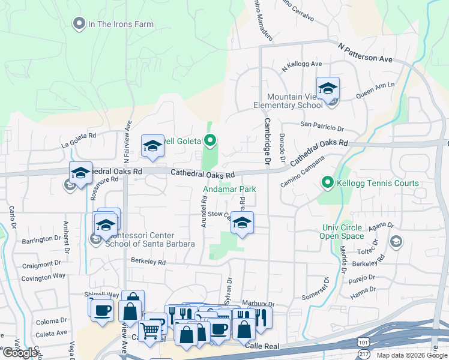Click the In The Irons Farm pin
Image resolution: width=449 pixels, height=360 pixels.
tap(79, 24)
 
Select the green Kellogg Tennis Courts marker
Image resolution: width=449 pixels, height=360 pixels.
tap(327, 182)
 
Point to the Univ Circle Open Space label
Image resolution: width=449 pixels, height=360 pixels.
tap(342, 232)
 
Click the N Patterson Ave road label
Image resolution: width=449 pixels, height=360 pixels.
tap(365, 53)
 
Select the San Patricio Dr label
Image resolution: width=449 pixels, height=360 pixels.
tap(322, 127)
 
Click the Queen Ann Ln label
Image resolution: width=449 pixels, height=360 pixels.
tap(375, 91)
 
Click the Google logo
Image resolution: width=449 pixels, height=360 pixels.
tap(20, 353)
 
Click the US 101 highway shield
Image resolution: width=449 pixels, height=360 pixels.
tap(363, 341)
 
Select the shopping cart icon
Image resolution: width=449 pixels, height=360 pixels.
tap(149, 329)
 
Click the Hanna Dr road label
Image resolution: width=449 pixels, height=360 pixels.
tap(363, 290)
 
